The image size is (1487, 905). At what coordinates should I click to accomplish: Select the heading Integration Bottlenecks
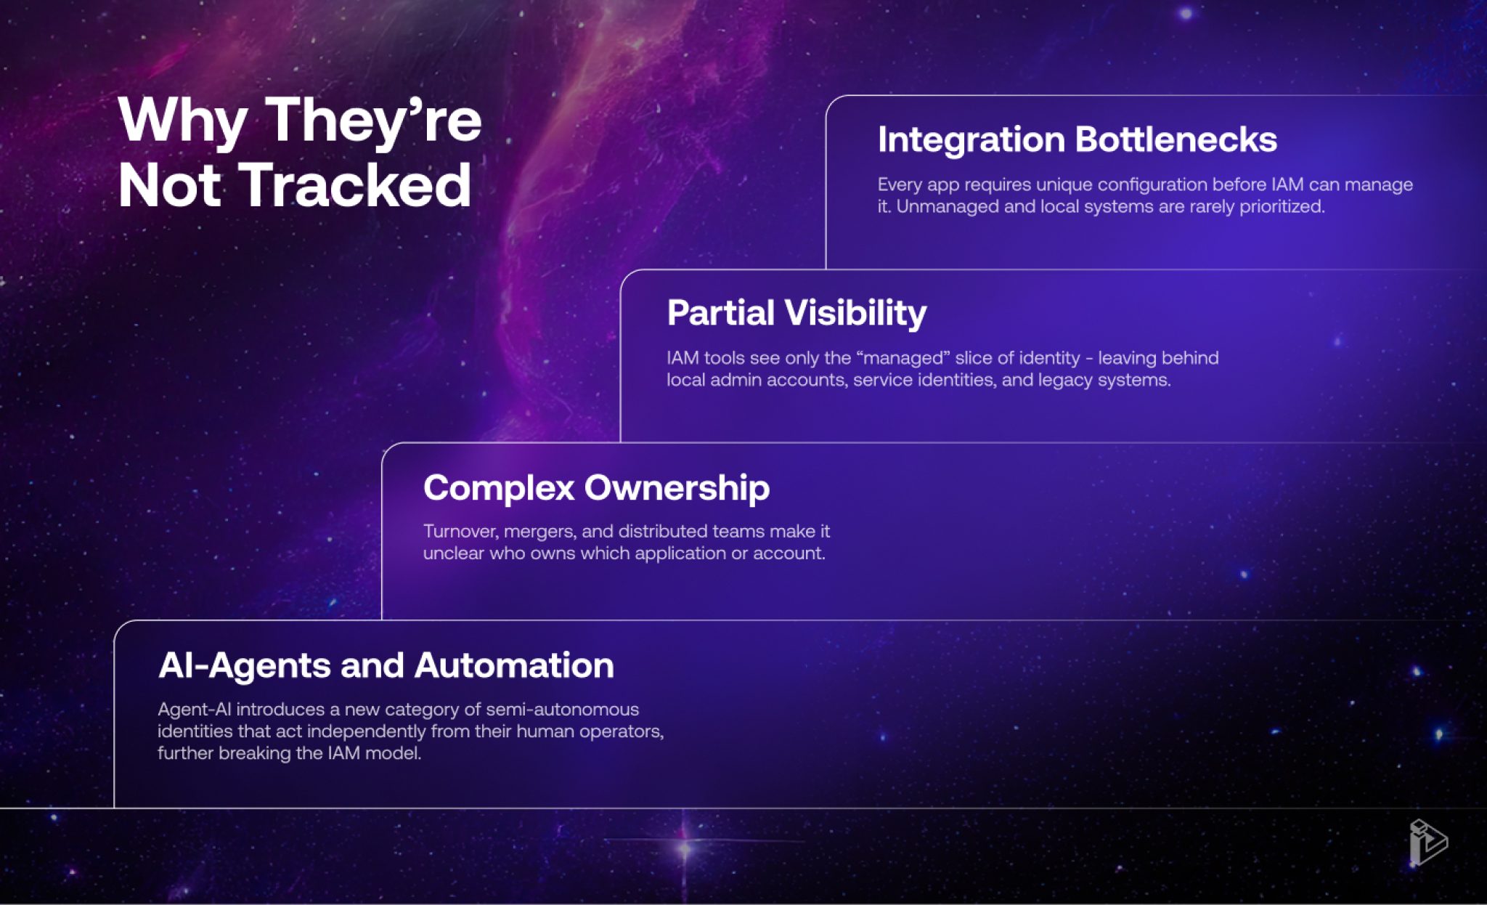click(1077, 139)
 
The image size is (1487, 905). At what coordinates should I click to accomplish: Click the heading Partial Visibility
click(797, 314)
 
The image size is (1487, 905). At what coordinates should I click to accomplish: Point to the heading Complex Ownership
click(596, 488)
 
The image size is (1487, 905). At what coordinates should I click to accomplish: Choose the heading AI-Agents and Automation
click(386, 665)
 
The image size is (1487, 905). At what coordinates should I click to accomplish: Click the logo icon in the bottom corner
click(1427, 843)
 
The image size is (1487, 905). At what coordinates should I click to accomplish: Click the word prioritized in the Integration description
click(1282, 207)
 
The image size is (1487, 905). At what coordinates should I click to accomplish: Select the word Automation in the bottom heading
click(514, 665)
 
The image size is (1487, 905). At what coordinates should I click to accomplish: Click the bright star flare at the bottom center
click(684, 848)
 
